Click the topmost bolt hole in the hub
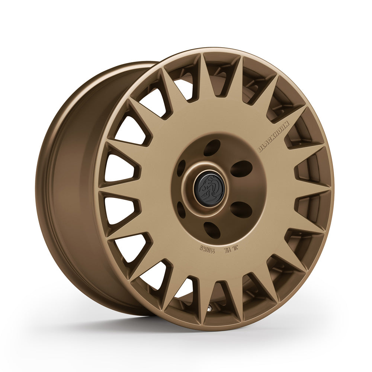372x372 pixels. pos(212,148)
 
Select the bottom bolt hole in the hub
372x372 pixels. pos(212,230)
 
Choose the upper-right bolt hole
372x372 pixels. pos(241,169)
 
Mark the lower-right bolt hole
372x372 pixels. pos(241,209)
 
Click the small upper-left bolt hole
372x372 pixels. pos(181,168)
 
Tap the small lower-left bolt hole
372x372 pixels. pos(181,210)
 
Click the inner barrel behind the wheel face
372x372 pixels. pos(71,186)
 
